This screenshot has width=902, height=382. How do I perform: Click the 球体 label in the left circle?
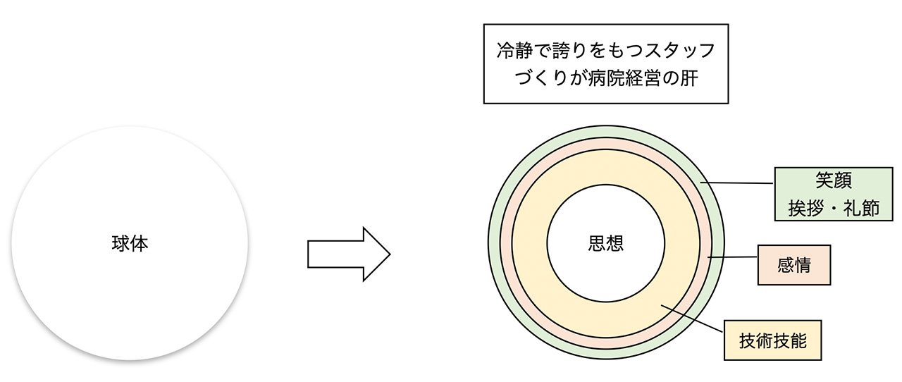[x=130, y=244]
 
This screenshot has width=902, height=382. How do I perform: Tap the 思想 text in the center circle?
[x=605, y=243]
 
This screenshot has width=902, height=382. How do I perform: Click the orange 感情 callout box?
[x=793, y=265]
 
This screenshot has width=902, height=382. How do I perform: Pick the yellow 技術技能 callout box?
[x=772, y=341]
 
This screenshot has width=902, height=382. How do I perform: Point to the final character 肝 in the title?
[x=688, y=78]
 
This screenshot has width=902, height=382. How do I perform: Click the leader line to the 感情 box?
[x=733, y=257]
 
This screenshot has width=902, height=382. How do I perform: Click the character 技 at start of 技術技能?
[x=747, y=341]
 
